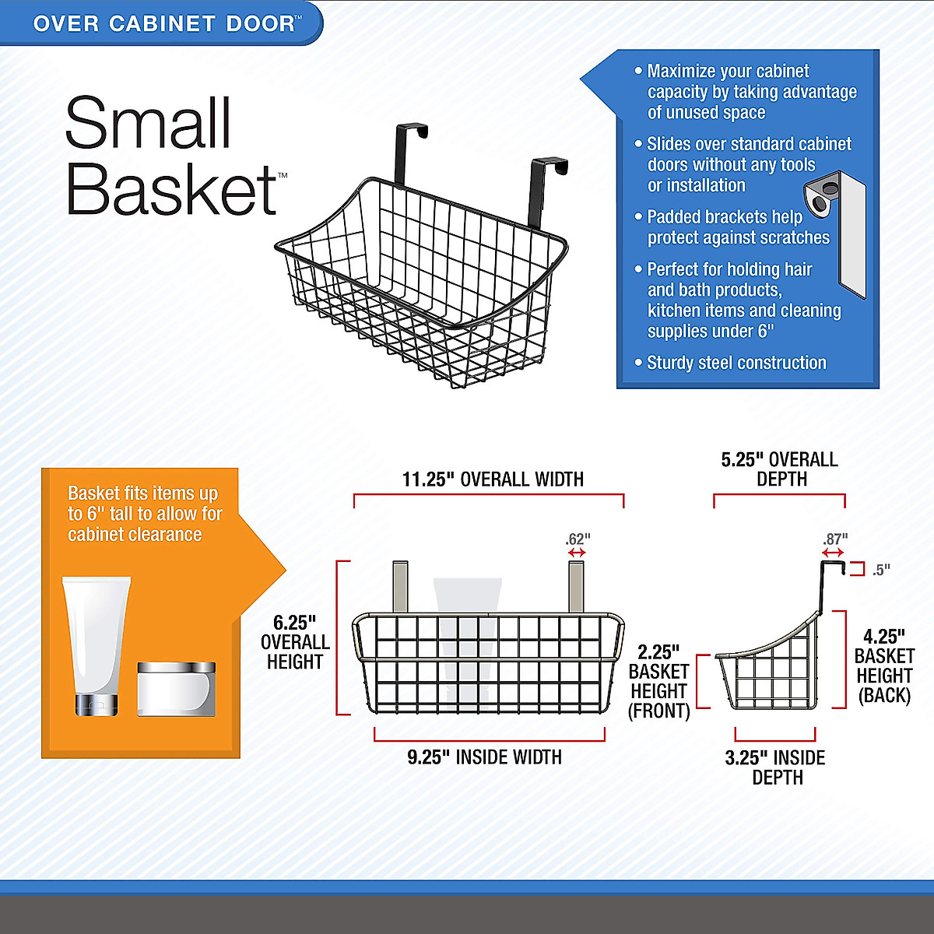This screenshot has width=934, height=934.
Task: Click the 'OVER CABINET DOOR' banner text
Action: point(164,23)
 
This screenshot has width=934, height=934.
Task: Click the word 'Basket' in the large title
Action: point(172,189)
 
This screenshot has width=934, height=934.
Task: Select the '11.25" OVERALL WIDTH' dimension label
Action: point(493,479)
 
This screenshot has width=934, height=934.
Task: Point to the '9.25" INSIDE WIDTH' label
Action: point(484,757)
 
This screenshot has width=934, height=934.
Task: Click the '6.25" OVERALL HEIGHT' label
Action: point(295,642)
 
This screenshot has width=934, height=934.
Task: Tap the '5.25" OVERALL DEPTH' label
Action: point(780,469)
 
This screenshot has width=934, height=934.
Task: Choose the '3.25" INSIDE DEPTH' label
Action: point(775,767)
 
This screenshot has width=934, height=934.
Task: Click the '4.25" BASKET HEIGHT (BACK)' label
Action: point(884,666)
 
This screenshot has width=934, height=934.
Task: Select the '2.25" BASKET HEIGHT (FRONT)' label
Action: point(659,682)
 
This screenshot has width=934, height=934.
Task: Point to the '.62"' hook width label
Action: point(578,539)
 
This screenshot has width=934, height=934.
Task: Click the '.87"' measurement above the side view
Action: point(835,539)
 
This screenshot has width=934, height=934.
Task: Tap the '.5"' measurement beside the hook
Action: point(881,570)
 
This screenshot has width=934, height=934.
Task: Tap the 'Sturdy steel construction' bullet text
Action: point(736,363)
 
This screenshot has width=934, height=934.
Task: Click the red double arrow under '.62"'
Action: point(577,553)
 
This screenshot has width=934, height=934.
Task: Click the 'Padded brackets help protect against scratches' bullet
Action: point(738,227)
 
